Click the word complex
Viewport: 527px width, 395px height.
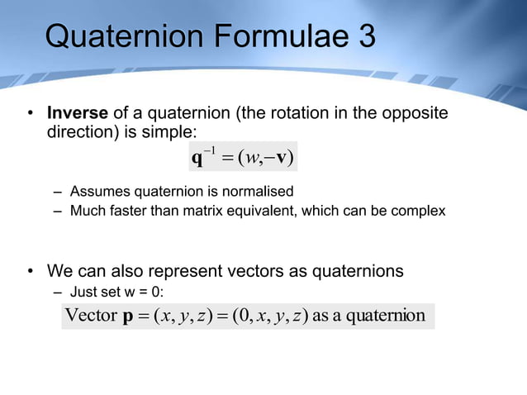[x=418, y=211]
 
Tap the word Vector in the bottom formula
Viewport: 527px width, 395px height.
[x=90, y=316]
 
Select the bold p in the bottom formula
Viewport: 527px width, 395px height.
[x=128, y=317]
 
